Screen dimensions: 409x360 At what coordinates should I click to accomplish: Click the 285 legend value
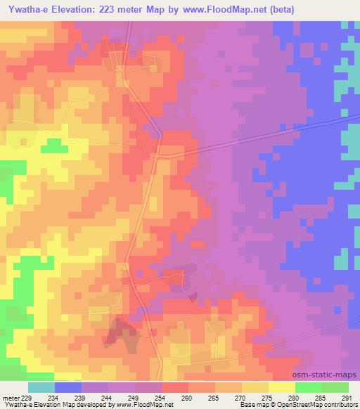pyautogui.click(x=319, y=398)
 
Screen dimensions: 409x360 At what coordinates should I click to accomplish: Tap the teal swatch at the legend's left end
pyautogui.click(x=41, y=387)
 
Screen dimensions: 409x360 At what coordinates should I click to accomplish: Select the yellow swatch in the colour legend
pyautogui.click(x=282, y=387)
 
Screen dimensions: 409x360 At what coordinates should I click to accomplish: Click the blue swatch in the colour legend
pyautogui.click(x=68, y=387)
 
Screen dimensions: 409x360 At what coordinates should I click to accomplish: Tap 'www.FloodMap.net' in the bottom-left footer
pyautogui.click(x=144, y=405)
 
